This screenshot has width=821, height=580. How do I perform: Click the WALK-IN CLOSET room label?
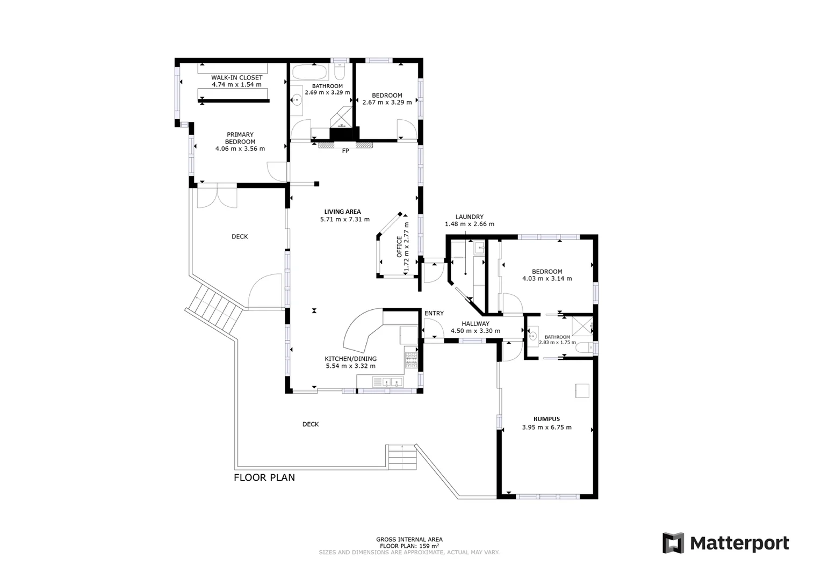236,78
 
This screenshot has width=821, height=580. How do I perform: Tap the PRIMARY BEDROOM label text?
240,138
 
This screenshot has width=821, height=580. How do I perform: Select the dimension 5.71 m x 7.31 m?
344,219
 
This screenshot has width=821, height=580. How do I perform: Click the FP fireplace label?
345,151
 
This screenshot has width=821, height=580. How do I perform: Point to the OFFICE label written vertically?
399,247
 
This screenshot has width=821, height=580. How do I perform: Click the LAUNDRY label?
469,217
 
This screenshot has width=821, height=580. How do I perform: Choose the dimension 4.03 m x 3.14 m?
546,279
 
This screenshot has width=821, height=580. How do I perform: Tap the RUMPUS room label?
546,419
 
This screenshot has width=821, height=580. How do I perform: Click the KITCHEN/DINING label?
350,359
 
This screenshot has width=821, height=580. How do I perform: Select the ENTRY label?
434,314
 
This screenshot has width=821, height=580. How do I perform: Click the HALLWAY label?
475,324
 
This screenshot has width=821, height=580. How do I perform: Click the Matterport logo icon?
673,543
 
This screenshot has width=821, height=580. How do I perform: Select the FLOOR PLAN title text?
264,477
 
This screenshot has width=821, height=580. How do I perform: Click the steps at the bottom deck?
402,458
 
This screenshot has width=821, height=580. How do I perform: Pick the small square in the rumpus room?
582,390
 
